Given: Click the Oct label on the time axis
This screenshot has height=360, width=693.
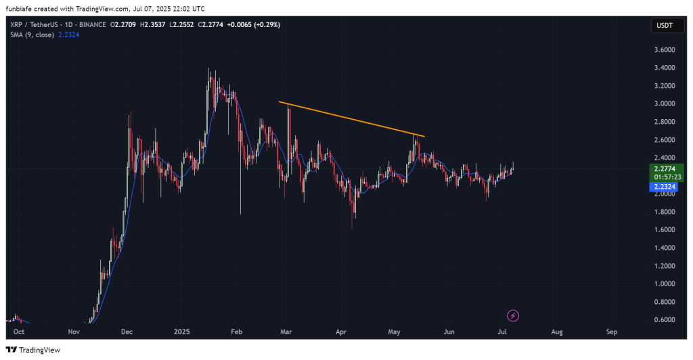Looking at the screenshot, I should [19, 332].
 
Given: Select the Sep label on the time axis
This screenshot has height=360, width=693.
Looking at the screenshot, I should [612, 332].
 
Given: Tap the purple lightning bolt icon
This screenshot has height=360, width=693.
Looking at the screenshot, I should [514, 315].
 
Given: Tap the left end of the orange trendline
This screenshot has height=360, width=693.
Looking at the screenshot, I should [279, 102].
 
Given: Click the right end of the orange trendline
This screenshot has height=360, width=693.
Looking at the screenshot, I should [424, 137].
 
